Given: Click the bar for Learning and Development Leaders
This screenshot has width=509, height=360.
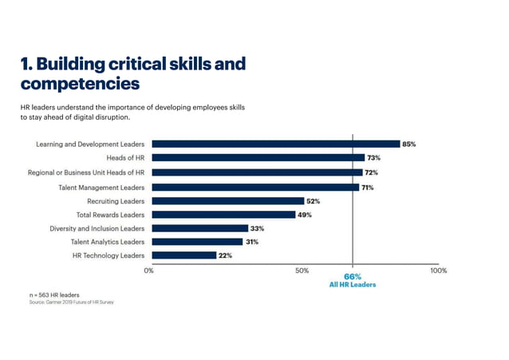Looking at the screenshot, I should pyautogui.click(x=275, y=144).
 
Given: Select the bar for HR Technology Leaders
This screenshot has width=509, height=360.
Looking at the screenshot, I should pyautogui.click(x=183, y=255).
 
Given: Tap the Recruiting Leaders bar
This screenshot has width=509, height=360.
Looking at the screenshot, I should pyautogui.click(x=227, y=200).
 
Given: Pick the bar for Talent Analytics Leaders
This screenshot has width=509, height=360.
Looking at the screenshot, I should pyautogui.click(x=197, y=242).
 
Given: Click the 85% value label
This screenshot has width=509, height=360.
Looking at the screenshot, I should pyautogui.click(x=409, y=144).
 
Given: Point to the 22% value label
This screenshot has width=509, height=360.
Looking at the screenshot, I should pyautogui.click(x=226, y=255).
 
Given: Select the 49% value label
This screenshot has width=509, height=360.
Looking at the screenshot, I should pyautogui.click(x=305, y=214).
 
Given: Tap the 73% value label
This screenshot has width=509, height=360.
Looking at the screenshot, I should pyautogui.click(x=374, y=158).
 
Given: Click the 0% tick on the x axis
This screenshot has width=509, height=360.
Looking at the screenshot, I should pyautogui.click(x=149, y=271).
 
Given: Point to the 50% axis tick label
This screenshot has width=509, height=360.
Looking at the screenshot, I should pyautogui.click(x=302, y=271).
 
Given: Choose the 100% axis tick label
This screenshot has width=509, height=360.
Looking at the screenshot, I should pyautogui.click(x=438, y=271).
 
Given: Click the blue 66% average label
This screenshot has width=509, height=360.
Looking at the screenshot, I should pyautogui.click(x=353, y=276).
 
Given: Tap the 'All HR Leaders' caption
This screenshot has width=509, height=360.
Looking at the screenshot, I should pyautogui.click(x=353, y=284).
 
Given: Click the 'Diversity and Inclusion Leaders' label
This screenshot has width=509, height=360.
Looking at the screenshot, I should pyautogui.click(x=97, y=227).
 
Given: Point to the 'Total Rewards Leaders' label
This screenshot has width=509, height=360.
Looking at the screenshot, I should pyautogui.click(x=110, y=214).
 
